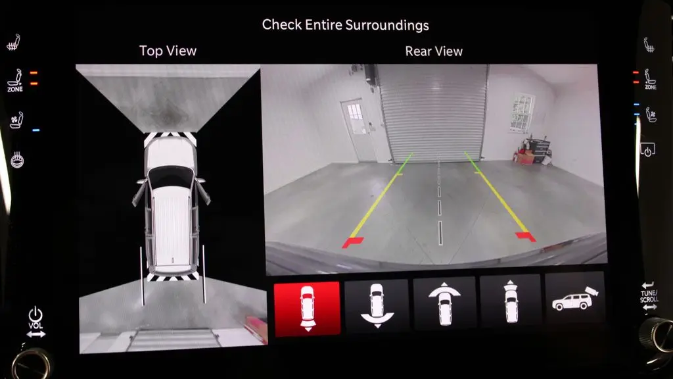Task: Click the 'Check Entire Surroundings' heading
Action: pyautogui.click(x=346, y=25)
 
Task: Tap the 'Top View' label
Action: pyautogui.click(x=168, y=51)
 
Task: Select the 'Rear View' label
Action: pyautogui.click(x=434, y=51)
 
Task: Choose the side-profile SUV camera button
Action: pyautogui.click(x=574, y=298)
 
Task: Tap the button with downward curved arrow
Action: pyautogui.click(x=377, y=305)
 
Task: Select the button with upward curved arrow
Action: pyautogui.click(x=444, y=303)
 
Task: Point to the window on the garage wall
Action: pyautogui.click(x=522, y=113)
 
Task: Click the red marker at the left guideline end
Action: pyautogui.click(x=353, y=242)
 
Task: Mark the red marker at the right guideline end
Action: pyautogui.click(x=526, y=236)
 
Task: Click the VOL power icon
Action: pyautogui.click(x=35, y=315)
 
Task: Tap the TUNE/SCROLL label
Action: pyautogui.click(x=649, y=296)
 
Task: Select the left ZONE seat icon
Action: pyautogui.click(x=15, y=80)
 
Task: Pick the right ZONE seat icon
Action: pyautogui.click(x=650, y=80)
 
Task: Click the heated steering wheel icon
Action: pyautogui.click(x=17, y=160)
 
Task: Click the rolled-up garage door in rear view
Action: pyautogui.click(x=432, y=113)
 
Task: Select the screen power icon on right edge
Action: pyautogui.click(x=647, y=150)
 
